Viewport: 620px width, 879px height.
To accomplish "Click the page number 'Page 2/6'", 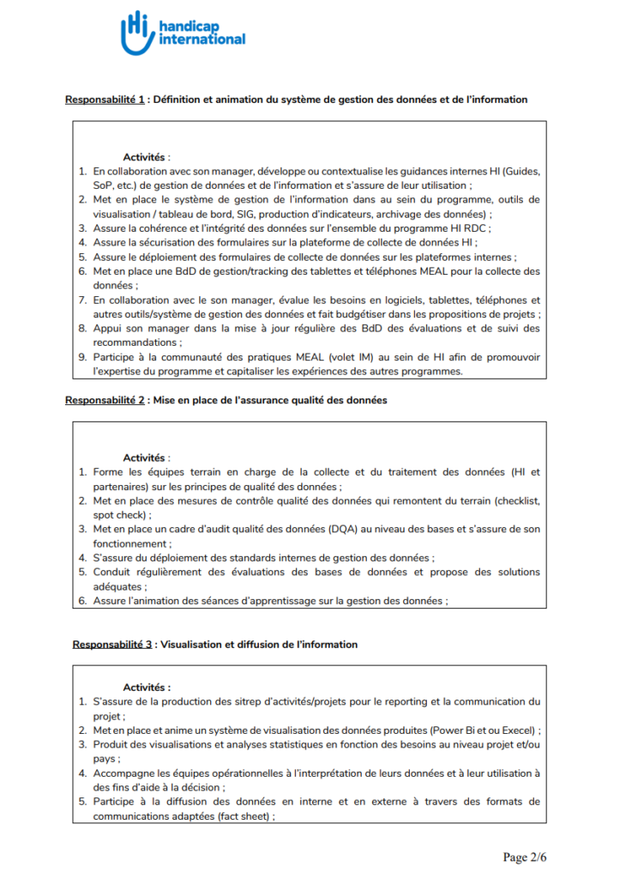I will point(524,857).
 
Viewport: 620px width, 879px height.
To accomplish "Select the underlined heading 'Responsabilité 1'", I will point(105,100).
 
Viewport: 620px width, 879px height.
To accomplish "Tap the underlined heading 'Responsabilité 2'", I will point(105,400).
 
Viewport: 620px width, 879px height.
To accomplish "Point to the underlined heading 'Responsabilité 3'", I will point(111,644).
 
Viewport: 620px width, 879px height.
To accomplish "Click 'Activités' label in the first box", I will point(145,157).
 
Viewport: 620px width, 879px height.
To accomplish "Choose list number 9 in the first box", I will point(82,357).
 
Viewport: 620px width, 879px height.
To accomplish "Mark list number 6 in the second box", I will point(82,601).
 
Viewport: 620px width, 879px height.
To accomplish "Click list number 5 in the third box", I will point(82,803).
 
